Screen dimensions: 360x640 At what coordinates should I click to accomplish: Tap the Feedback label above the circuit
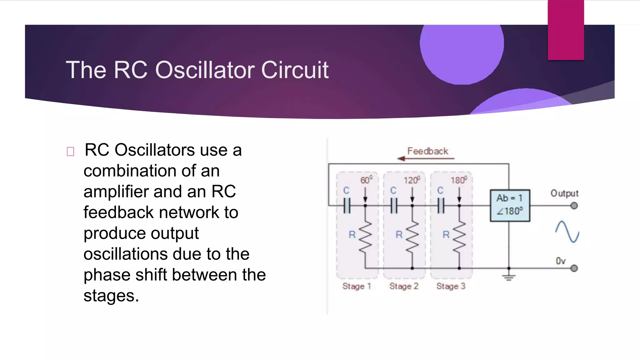point(427,151)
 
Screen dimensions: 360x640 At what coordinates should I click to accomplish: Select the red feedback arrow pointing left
point(425,159)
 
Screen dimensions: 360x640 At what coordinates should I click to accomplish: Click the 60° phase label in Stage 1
point(366,180)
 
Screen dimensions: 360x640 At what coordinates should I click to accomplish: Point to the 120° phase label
point(412,180)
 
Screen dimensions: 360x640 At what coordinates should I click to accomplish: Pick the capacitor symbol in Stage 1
point(347,206)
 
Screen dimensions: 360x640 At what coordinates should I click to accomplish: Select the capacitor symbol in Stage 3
point(441,206)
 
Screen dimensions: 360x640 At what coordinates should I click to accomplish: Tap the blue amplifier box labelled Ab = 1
point(510,205)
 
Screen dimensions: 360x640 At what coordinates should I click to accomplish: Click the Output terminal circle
point(574,206)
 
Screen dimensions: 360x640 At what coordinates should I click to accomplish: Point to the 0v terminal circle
point(574,268)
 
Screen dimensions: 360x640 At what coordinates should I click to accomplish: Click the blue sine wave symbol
point(567,232)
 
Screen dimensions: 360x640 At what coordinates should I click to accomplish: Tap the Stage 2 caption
point(403,286)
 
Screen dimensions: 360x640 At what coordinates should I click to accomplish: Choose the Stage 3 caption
point(451,286)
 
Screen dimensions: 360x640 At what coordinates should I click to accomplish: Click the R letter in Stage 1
point(352,234)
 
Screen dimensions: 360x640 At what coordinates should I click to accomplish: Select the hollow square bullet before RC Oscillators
point(70,152)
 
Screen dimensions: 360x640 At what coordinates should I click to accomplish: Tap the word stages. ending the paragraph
point(111,296)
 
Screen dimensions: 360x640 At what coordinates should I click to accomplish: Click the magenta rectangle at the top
point(566,30)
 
